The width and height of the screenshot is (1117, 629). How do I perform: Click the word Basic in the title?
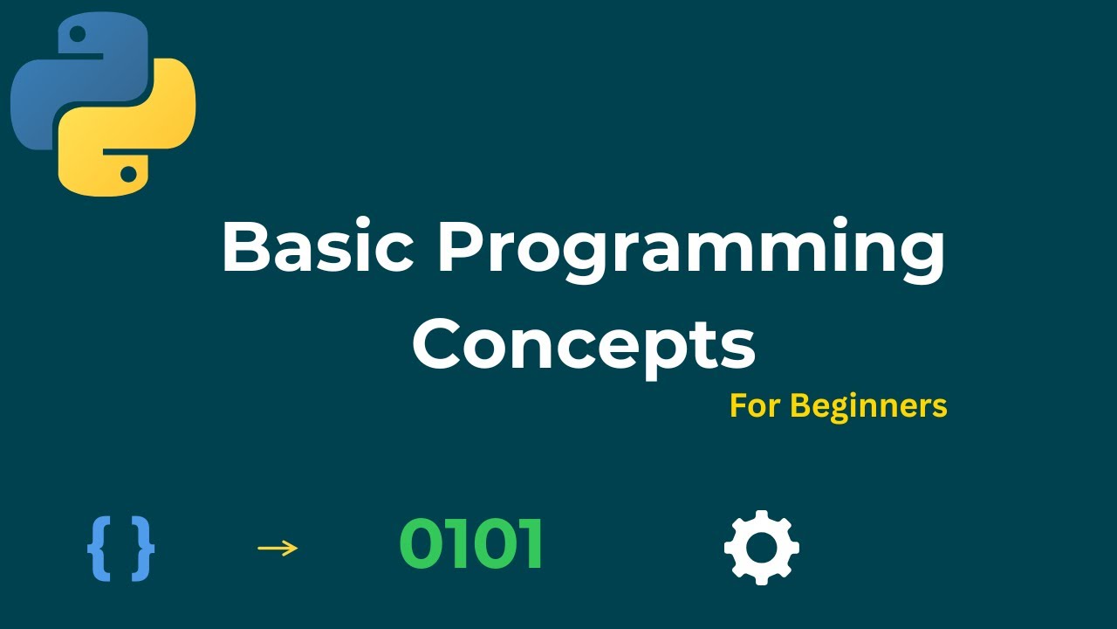pyautogui.click(x=319, y=245)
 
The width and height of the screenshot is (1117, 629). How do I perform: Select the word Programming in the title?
pyautogui.click(x=691, y=250)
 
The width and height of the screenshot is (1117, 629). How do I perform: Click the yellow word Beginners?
pyautogui.click(x=868, y=407)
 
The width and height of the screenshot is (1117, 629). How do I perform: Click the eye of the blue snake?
pyautogui.click(x=78, y=34)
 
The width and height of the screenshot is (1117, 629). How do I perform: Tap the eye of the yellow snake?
pyautogui.click(x=128, y=174)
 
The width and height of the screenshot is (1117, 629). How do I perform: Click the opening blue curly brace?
pyautogui.click(x=99, y=550)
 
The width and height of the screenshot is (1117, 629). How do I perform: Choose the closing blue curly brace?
pyautogui.click(x=142, y=550)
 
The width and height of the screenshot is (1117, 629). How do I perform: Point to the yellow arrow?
pyautogui.click(x=278, y=548)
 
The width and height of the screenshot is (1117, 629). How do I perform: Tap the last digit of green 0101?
pyautogui.click(x=531, y=543)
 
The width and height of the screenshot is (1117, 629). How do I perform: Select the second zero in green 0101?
pyautogui.click(x=494, y=543)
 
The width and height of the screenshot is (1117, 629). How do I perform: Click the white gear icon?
pyautogui.click(x=762, y=547)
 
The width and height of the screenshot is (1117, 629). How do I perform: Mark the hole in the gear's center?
pyautogui.click(x=762, y=547)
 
